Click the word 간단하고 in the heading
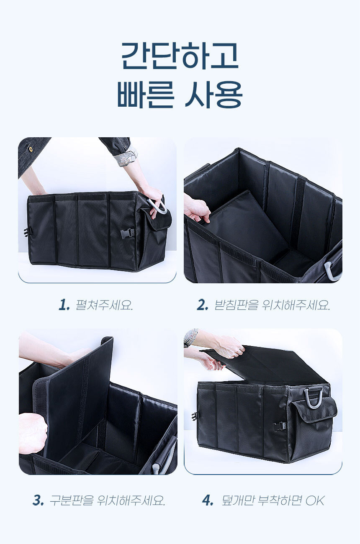(x=180, y=56)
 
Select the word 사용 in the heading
(x=213, y=94)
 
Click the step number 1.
(x=64, y=305)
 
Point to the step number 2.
(x=202, y=305)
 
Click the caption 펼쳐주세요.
(x=104, y=305)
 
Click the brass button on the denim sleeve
(x=31, y=149)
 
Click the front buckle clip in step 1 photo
(x=127, y=234)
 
